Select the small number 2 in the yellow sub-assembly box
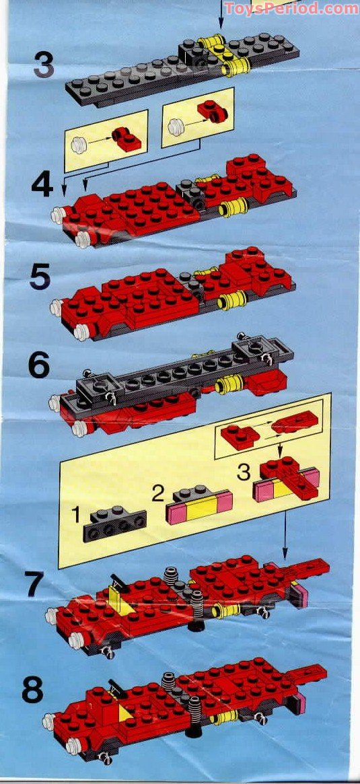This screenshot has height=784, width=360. [x=157, y=495]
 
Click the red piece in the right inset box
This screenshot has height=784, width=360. [x=206, y=110]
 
